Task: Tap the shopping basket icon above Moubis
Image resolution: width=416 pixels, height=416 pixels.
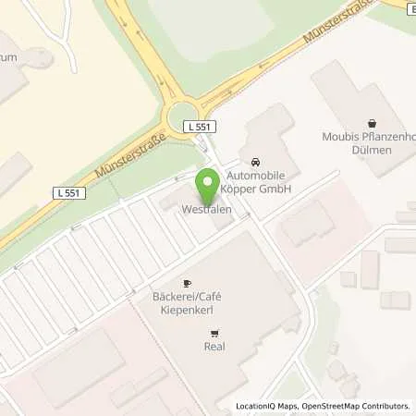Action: click(372, 122)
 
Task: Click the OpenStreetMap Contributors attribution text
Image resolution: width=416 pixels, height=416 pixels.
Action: click(355, 406)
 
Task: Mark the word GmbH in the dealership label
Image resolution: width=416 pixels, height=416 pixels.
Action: click(275, 189)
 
